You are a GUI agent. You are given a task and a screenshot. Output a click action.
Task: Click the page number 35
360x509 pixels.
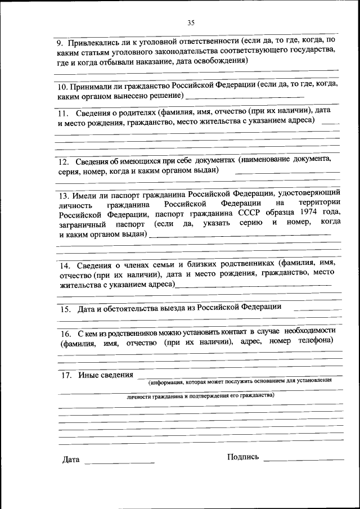(191, 23)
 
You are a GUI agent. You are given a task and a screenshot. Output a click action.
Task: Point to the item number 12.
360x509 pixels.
(65, 160)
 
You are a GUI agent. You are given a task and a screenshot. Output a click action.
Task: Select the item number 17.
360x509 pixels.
(65, 375)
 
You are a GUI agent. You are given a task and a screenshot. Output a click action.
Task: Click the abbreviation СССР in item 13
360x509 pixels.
(254, 214)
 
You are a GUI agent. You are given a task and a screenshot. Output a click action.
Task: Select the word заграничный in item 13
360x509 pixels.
(79, 224)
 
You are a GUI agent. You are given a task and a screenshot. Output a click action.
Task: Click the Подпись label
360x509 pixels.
(243, 456)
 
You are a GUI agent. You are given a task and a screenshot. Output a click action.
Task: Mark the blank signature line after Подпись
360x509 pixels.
(303, 461)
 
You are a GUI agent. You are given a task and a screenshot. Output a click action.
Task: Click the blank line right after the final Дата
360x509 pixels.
(119, 463)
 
